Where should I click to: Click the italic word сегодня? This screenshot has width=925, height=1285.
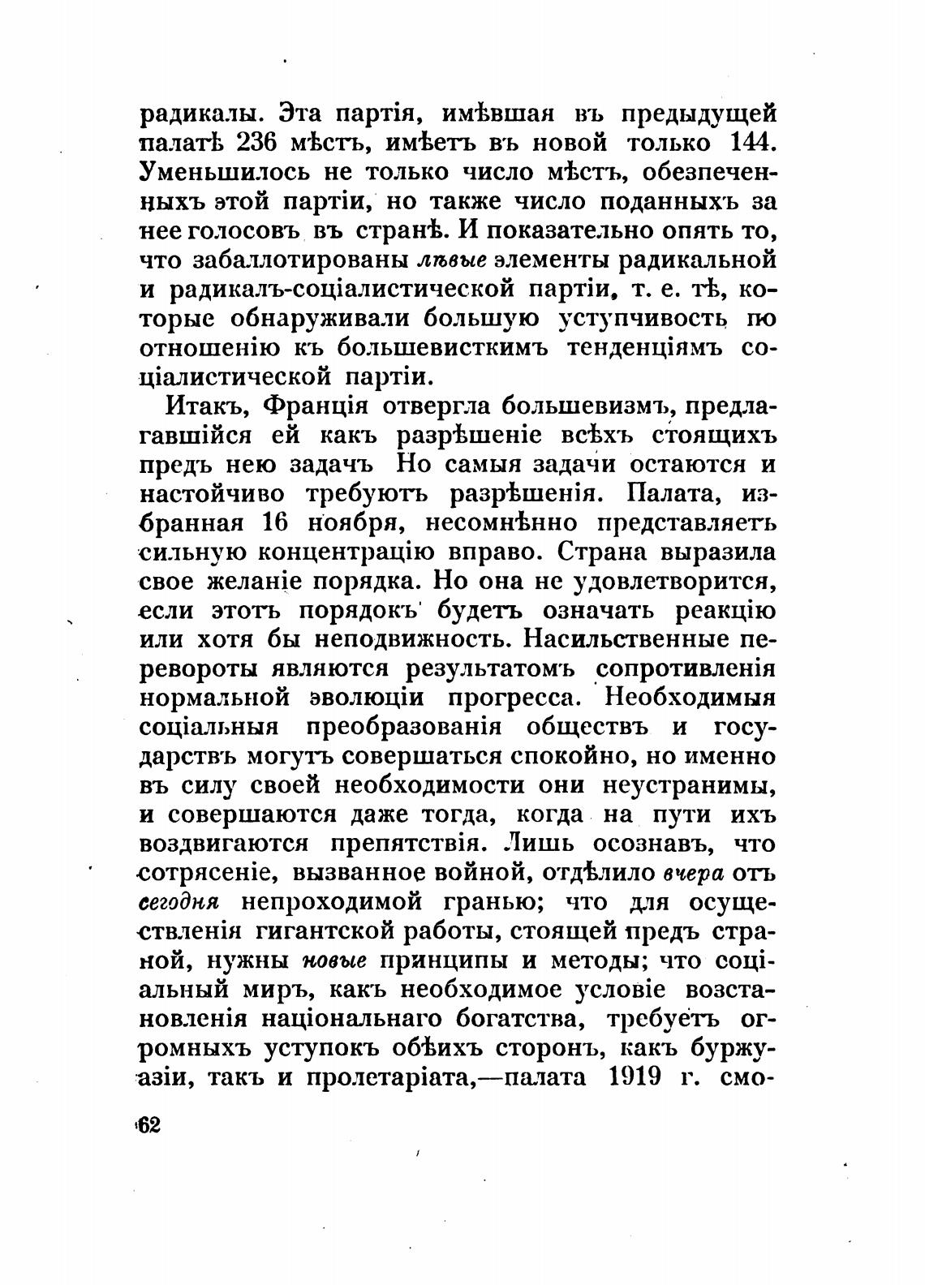179,902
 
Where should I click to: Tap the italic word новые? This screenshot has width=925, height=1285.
334,961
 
